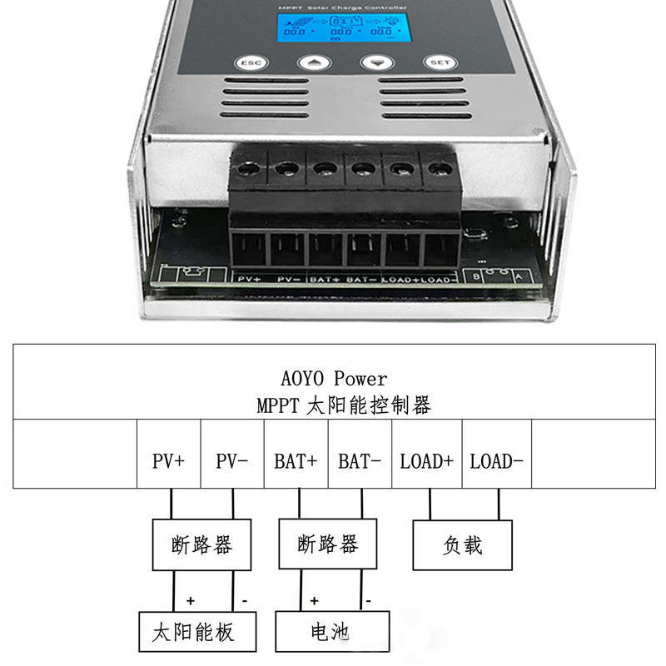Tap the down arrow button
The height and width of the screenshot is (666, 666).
(375, 63)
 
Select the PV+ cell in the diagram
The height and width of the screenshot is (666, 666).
(168, 461)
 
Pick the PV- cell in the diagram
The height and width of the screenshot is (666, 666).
(232, 461)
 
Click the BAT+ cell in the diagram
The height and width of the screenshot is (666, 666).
(296, 461)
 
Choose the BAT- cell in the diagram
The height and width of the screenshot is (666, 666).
(360, 461)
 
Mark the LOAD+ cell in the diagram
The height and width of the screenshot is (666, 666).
(426, 461)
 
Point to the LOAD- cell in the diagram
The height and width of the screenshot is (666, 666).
(496, 461)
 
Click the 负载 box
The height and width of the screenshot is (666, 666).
(463, 545)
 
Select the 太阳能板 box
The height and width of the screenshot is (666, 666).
(192, 632)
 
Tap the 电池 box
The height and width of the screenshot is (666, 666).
(332, 632)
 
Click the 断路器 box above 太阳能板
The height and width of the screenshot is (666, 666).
(201, 545)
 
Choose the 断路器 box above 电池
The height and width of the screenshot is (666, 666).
(327, 544)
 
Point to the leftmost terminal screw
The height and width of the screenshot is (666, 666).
(246, 169)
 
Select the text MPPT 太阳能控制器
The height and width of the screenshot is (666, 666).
(344, 405)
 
